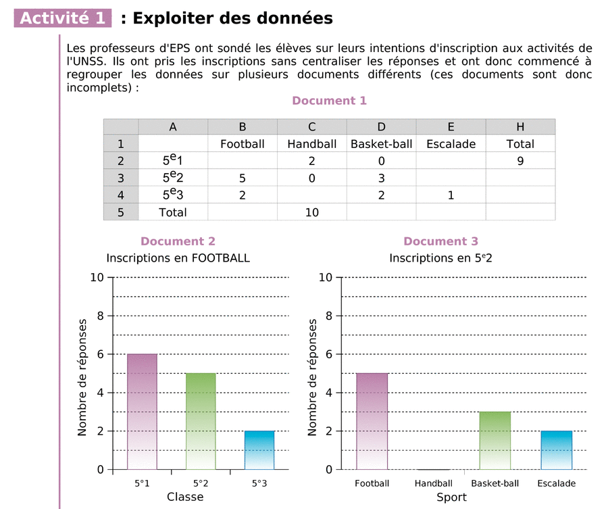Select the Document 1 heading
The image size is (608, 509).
pyautogui.click(x=329, y=101)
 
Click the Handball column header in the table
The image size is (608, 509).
pyautogui.click(x=311, y=143)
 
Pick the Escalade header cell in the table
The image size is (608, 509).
pyautogui.click(x=451, y=143)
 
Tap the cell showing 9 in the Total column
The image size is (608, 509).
pyautogui.click(x=520, y=161)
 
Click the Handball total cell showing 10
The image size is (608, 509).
pyautogui.click(x=311, y=212)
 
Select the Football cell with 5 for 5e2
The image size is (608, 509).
pyautogui.click(x=243, y=178)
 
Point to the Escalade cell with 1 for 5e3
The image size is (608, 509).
pyautogui.click(x=451, y=195)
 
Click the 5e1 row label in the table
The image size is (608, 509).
pyautogui.click(x=173, y=161)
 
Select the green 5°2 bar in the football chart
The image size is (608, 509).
pyautogui.click(x=201, y=420)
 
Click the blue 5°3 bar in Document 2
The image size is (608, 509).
pyautogui.click(x=259, y=450)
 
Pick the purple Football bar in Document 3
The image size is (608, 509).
pyautogui.click(x=372, y=420)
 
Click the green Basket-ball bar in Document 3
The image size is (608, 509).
pyautogui.click(x=495, y=440)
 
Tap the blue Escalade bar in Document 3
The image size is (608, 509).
pyautogui.click(x=557, y=450)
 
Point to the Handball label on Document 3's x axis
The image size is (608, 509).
pyautogui.click(x=433, y=483)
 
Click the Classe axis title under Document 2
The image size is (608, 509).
pyautogui.click(x=185, y=497)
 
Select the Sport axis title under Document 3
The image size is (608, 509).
pyautogui.click(x=451, y=497)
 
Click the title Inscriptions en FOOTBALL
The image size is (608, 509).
pyautogui.click(x=178, y=258)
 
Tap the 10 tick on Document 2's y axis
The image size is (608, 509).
pyautogui.click(x=97, y=277)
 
